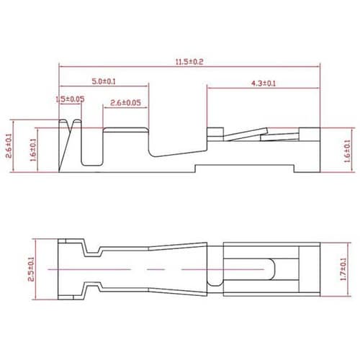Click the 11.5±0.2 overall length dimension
click(189, 62)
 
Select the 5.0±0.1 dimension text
click(104, 81)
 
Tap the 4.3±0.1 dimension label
click(264, 84)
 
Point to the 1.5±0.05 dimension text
click(70, 99)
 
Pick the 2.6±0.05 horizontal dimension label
click(125, 103)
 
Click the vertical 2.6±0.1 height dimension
click(9, 146)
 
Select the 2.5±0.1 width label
click(31, 269)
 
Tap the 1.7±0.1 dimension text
click(343, 269)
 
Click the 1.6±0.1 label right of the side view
click(347, 151)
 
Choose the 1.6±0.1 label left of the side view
click(33, 150)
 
